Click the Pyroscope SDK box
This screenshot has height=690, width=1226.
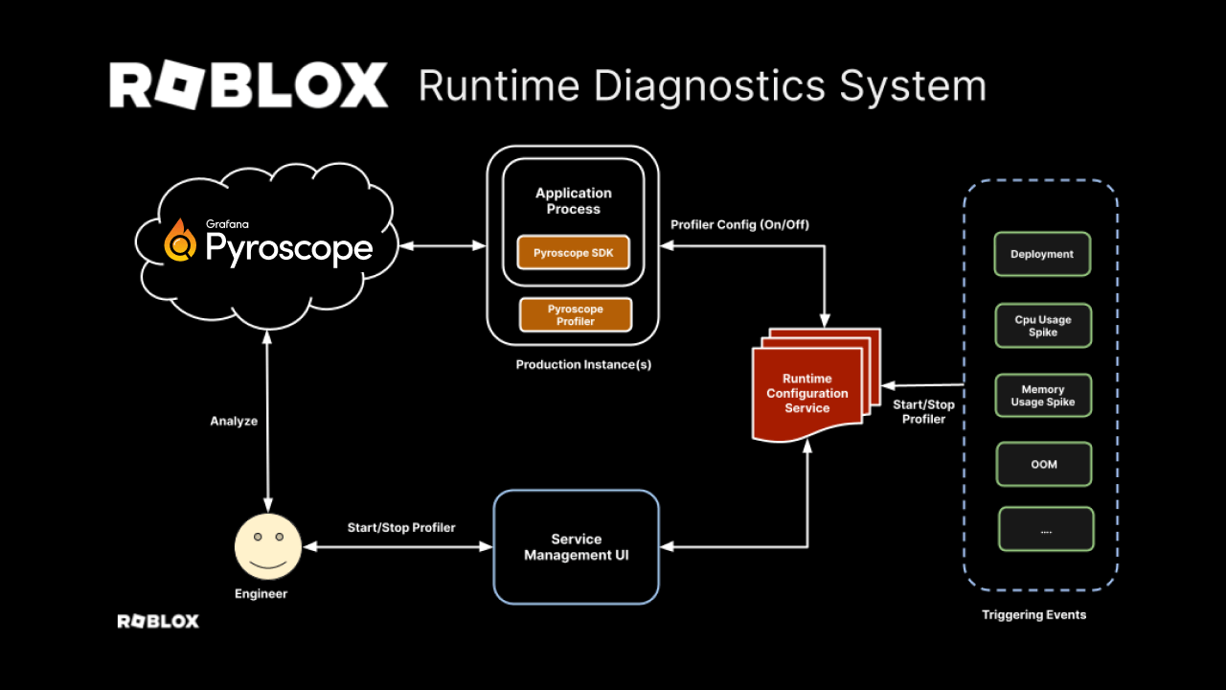(574, 253)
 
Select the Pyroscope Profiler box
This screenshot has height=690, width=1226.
(576, 315)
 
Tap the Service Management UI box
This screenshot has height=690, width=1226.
(576, 547)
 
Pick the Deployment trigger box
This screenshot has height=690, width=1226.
(1042, 255)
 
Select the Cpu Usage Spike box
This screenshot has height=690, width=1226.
(1042, 326)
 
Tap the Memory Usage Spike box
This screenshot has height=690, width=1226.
(1042, 396)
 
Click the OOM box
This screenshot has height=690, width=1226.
(1044, 464)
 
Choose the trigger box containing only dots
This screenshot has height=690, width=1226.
(1046, 529)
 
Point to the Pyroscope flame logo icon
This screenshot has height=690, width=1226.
(180, 241)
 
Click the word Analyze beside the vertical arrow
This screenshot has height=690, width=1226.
(234, 421)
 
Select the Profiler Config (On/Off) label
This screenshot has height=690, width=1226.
(739, 225)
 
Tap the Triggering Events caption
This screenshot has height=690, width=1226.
(1034, 614)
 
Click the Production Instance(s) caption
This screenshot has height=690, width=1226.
(583, 365)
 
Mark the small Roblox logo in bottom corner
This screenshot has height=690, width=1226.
(158, 621)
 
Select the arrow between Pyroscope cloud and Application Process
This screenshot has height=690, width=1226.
(443, 246)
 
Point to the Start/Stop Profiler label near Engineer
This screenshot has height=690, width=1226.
(401, 528)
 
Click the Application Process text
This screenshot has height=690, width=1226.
(573, 200)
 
